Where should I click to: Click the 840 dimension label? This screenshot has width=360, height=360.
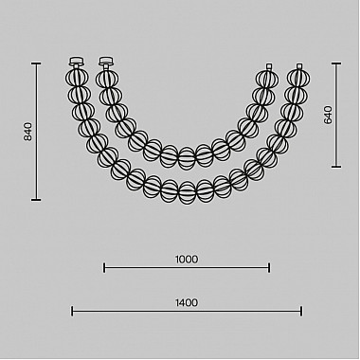click(x=28, y=132)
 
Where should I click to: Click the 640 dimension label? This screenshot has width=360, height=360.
click(x=328, y=116)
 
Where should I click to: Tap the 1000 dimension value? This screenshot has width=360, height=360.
click(x=187, y=260)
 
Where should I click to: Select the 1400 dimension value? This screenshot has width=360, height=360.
click(x=187, y=303)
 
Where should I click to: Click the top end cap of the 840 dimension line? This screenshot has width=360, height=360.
click(x=36, y=63)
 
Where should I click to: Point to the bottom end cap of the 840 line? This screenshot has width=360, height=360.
click(x=36, y=200)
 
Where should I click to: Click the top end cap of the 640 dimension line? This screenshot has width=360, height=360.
click(x=336, y=63)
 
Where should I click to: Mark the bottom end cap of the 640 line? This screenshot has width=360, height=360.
click(x=336, y=167)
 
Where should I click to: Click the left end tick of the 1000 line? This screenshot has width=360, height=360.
click(x=104, y=268)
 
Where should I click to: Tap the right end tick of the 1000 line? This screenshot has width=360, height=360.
click(x=269, y=268)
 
